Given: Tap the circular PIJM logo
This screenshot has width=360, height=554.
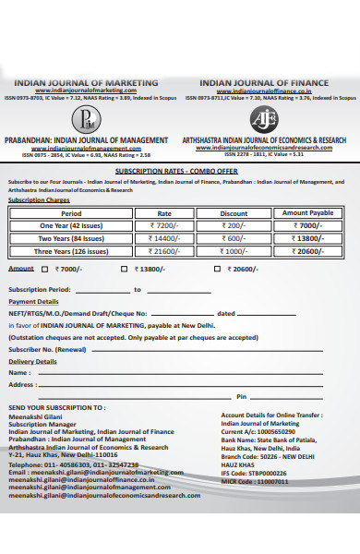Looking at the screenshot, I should point(88,118).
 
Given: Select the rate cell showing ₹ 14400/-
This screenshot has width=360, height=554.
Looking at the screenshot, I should point(168,237).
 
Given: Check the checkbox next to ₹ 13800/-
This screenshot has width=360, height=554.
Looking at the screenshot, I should point(125,269).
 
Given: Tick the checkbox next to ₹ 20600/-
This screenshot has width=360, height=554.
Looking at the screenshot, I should point(216,269).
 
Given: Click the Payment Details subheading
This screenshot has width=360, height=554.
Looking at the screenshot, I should point(33,302).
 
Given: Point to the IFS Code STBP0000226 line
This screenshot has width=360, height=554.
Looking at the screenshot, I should point(260,472).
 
